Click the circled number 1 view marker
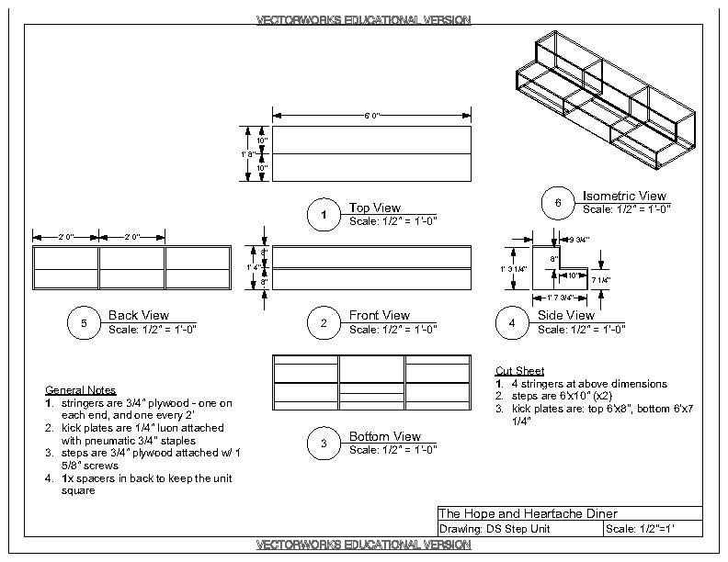(324, 215)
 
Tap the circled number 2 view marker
(324, 322)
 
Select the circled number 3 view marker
(324, 444)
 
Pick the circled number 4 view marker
(512, 322)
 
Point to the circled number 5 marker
(84, 322)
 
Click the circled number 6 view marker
(557, 203)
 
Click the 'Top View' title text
(375, 208)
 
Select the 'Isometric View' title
(624, 196)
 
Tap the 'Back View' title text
(138, 316)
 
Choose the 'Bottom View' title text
(384, 436)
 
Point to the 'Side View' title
(566, 316)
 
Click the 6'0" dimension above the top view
(371, 116)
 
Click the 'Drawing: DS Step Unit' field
(492, 529)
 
